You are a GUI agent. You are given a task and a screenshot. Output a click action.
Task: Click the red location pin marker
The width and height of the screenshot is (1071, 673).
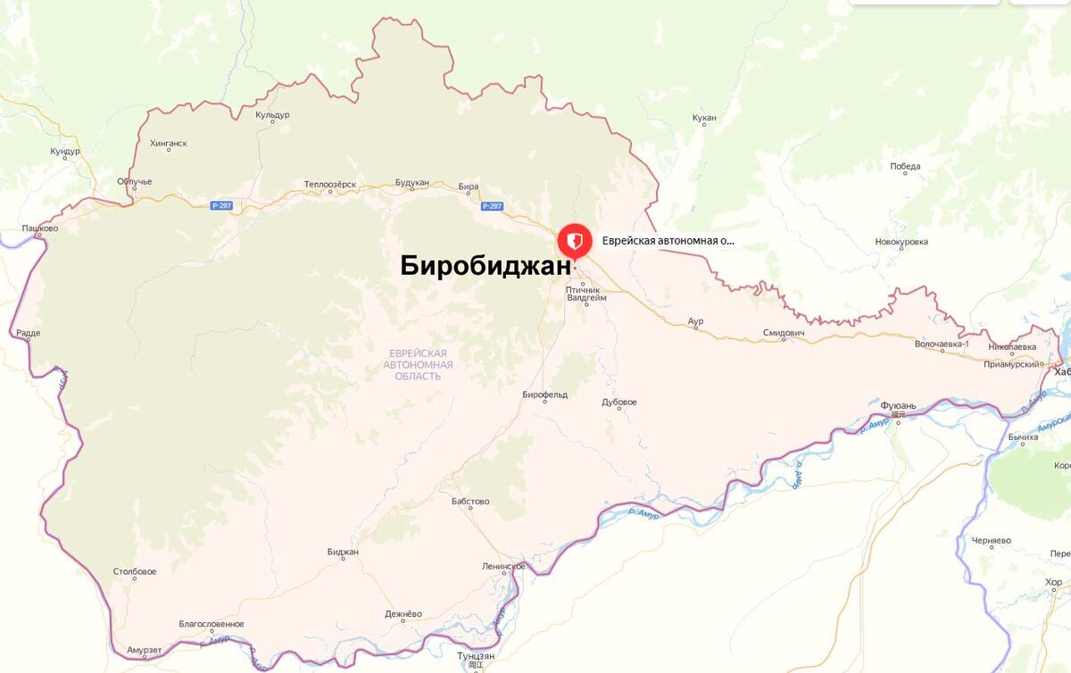(573, 242)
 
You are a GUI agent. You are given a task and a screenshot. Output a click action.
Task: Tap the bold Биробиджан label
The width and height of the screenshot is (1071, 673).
(485, 267)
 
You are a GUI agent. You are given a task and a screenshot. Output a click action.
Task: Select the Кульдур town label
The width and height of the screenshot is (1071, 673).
(272, 115)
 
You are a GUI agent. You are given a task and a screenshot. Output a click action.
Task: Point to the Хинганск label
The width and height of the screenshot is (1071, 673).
(169, 143)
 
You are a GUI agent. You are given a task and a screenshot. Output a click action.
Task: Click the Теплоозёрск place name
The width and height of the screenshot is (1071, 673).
(329, 185)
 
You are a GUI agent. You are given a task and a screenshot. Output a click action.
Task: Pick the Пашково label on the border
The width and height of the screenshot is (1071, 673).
(40, 229)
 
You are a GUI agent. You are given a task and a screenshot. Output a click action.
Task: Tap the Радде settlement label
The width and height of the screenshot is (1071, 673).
(28, 333)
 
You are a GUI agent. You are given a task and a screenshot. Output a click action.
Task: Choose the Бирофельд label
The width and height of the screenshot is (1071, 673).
(544, 395)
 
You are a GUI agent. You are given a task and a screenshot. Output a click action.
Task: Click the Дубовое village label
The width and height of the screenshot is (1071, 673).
(619, 403)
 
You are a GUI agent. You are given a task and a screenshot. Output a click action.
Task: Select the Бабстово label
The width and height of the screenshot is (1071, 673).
(470, 502)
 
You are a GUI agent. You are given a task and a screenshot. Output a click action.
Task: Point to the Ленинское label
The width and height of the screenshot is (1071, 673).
(503, 567)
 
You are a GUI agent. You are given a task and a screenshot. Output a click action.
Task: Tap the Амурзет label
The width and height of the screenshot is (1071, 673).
(144, 650)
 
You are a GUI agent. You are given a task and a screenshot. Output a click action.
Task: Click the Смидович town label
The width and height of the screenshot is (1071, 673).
(784, 333)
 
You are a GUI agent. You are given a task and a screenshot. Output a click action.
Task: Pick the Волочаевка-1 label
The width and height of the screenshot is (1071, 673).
(942, 344)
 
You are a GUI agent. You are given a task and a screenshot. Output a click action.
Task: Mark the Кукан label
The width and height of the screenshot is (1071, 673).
(704, 118)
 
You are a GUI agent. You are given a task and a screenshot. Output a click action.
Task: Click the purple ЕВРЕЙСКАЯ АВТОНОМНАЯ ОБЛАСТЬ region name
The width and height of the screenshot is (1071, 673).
(418, 365)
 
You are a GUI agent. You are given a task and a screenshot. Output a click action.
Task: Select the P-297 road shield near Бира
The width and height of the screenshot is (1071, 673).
(492, 206)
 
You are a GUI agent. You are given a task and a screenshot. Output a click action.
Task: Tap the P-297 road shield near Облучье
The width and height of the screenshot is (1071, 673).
(221, 206)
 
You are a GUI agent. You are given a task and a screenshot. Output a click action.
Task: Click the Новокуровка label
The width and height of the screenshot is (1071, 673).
(901, 242)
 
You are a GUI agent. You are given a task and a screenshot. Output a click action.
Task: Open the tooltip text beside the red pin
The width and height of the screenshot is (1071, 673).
(668, 241)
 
